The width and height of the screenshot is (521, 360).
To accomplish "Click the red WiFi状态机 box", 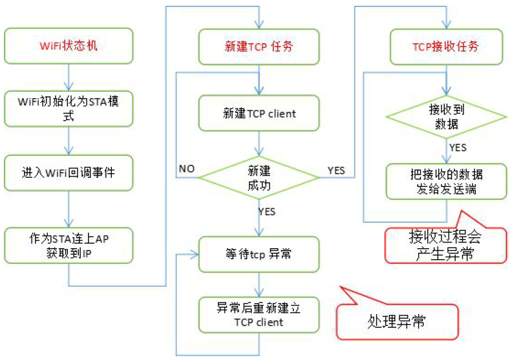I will pyautogui.click(x=69, y=47).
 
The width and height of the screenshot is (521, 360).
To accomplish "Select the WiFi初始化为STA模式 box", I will pyautogui.click(x=69, y=109).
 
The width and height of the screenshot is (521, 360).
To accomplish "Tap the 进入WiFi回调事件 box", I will pyautogui.click(x=69, y=173).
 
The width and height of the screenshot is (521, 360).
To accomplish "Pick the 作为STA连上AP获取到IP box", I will pyautogui.click(x=69, y=244).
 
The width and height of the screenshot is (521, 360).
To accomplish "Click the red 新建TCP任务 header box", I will pyautogui.click(x=260, y=47).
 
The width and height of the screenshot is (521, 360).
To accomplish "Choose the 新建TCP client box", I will pyautogui.click(x=260, y=114).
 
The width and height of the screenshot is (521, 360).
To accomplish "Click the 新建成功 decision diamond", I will pyautogui.click(x=260, y=176).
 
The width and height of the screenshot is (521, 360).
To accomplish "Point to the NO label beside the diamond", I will pyautogui.click(x=187, y=169).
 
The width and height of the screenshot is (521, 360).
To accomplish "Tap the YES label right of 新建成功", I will pyautogui.click(x=336, y=171).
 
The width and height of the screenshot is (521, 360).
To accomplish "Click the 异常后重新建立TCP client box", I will pyautogui.click(x=260, y=315).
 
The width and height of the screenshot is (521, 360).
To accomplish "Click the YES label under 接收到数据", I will pyautogui.click(x=457, y=148).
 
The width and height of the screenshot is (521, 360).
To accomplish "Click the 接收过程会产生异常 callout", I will pyautogui.click(x=446, y=245).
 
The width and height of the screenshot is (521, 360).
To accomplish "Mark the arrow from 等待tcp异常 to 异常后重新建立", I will pyautogui.click(x=260, y=283).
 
